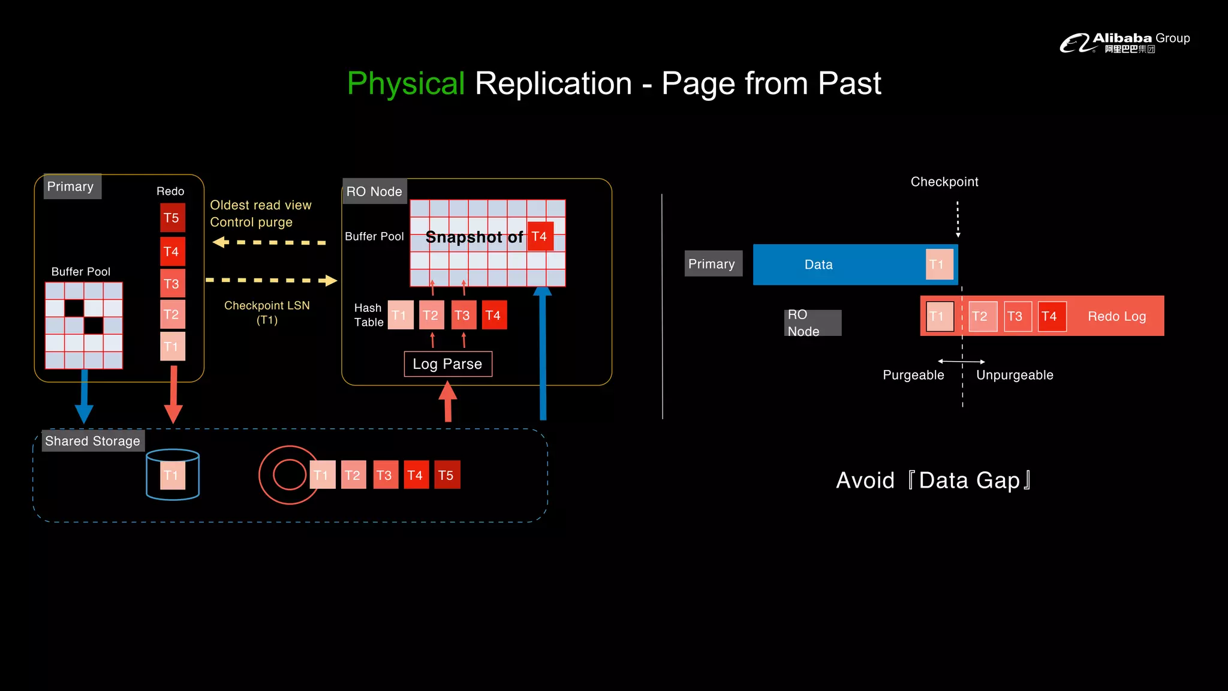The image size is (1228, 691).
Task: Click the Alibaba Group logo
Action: tap(1124, 42)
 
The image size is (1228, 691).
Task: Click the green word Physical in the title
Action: tap(406, 83)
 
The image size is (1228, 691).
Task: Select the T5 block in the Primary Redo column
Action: tap(172, 218)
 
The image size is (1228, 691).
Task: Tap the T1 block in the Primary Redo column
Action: tap(172, 346)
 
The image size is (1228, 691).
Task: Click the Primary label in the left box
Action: tap(70, 187)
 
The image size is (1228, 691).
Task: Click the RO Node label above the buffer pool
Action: tap(374, 191)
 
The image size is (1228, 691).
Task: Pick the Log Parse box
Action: tap(448, 364)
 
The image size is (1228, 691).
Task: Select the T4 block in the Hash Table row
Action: tap(493, 316)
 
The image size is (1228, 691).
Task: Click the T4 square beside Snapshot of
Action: tap(540, 236)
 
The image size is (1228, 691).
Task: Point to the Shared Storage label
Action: tap(92, 441)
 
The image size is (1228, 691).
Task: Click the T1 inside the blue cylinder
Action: tap(172, 476)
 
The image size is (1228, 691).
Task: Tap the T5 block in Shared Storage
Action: tap(447, 475)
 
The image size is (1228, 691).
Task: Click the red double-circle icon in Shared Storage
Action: tap(289, 475)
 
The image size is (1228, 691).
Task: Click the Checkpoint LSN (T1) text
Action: tap(267, 313)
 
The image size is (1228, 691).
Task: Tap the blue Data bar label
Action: tap(818, 265)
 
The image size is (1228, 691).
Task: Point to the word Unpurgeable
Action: tap(1015, 375)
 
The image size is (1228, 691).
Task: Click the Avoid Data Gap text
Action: tap(934, 480)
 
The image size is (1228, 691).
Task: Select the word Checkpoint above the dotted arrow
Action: tap(944, 182)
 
